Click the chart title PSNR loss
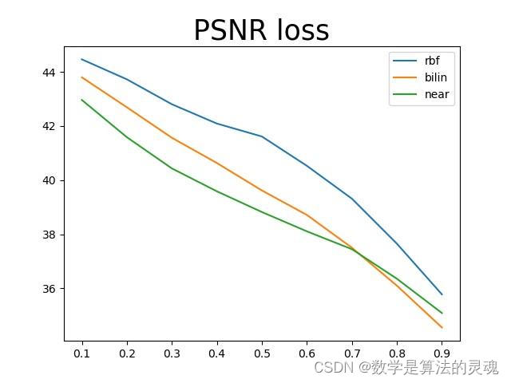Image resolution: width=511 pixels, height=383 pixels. pos(261,30)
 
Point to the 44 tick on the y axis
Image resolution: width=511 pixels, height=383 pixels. pos(49,73)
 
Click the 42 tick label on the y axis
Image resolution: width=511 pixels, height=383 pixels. pos(49,126)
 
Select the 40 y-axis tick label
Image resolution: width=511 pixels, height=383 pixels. pos(49,180)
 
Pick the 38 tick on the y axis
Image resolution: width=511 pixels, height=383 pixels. pos(49,235)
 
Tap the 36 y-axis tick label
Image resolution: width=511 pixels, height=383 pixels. pos(49,289)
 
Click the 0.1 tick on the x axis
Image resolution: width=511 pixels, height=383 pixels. pos(82,353)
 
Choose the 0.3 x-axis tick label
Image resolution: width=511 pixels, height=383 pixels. pos(172,353)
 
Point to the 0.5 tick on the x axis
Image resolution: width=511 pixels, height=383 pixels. pos(262,353)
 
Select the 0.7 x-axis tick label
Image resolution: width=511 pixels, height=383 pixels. pos(351,353)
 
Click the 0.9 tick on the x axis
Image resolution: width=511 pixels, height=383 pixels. pos(442,353)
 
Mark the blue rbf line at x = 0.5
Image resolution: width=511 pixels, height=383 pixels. pos(262,136)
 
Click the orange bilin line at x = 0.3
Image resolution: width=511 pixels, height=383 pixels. pos(172,137)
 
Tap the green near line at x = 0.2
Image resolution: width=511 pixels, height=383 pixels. pos(127,137)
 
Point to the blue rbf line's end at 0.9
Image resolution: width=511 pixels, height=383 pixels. pos(442,294)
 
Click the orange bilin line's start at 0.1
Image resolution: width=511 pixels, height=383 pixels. pos(82,77)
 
